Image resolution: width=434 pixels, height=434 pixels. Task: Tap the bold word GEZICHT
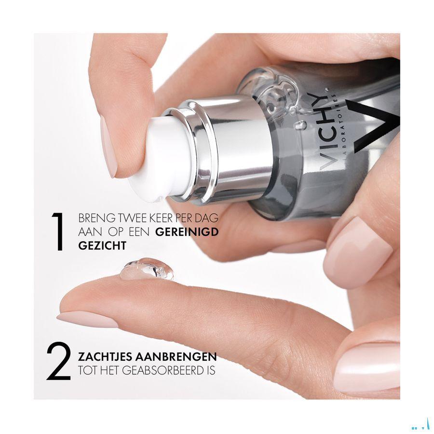click(102, 245)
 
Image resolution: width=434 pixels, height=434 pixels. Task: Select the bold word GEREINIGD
click(187, 232)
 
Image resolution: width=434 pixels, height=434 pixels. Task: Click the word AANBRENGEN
click(176, 357)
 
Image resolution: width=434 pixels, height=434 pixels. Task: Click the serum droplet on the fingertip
click(147, 269)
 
